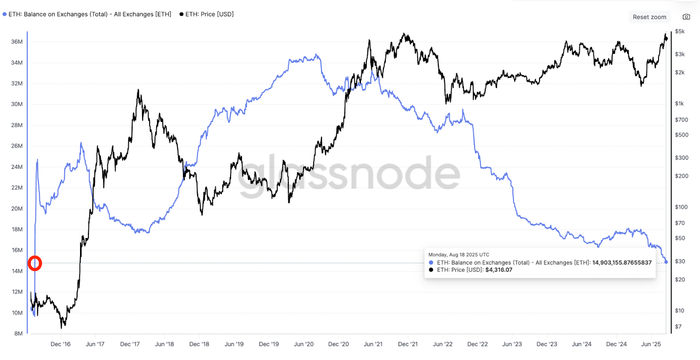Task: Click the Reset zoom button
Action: point(649,17)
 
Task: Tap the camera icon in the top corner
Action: point(686,17)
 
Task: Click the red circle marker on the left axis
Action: point(35,263)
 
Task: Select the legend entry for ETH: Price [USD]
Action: point(206,14)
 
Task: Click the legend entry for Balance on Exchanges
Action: point(87,14)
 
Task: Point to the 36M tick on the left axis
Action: point(17,42)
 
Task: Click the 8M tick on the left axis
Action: point(18,333)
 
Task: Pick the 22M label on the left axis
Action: point(17,188)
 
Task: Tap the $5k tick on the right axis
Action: point(679,31)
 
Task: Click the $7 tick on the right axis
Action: point(678,326)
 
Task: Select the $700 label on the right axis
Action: point(681,119)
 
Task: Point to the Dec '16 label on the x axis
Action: point(60,344)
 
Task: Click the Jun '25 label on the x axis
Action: point(651,344)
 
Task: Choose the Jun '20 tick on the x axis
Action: point(304,344)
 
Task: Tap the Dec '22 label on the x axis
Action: point(477,344)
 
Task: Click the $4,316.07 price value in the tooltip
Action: point(499,270)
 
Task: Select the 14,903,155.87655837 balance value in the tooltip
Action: point(622,263)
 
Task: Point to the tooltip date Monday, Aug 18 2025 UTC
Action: point(458,255)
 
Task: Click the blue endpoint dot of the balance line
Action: point(666,262)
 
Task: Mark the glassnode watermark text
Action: point(349,174)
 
